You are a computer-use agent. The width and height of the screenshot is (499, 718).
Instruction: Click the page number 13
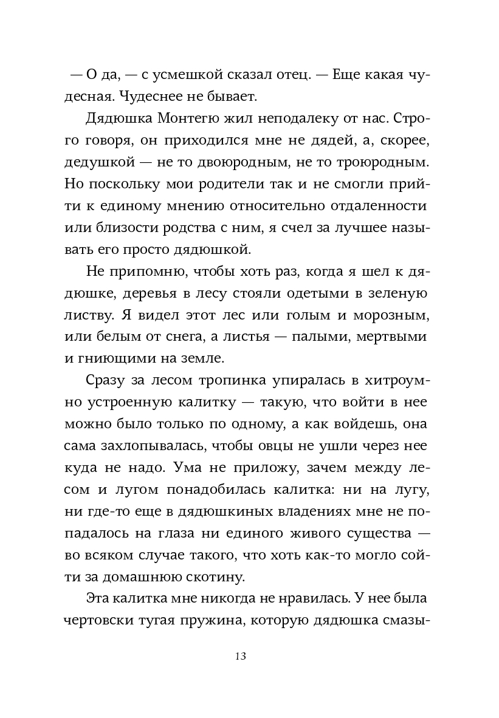point(239,657)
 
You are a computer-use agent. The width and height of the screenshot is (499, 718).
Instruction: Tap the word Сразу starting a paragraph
point(107,381)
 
